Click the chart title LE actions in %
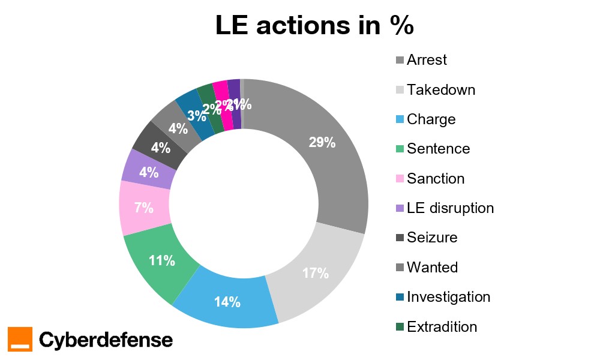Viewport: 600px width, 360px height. click(x=314, y=27)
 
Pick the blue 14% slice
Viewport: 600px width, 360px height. click(x=227, y=300)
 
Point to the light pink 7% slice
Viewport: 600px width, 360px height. click(x=143, y=208)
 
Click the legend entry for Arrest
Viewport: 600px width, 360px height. click(x=427, y=60)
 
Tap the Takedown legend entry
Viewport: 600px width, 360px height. click(x=440, y=90)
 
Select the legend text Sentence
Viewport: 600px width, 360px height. click(x=438, y=149)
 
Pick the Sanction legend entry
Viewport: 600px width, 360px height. click(x=436, y=179)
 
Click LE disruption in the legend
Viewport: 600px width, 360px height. click(x=450, y=208)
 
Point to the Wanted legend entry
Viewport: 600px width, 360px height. click(x=432, y=267)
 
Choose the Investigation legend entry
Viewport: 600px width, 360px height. click(x=448, y=297)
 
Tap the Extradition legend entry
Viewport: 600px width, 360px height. click(x=442, y=327)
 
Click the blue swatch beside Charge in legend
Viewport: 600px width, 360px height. click(x=400, y=120)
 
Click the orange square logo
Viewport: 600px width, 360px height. click(x=20, y=339)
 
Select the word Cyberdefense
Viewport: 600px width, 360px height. click(x=106, y=340)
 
